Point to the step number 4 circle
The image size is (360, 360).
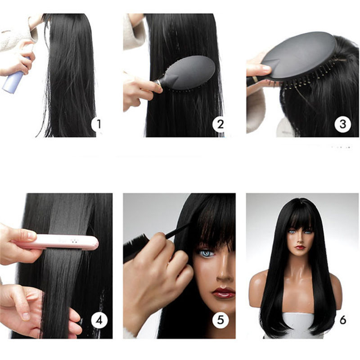point(99,320)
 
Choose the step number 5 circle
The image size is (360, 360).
point(220,320)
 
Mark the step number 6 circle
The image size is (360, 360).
point(343,320)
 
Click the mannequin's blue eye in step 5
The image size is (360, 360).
point(206,253)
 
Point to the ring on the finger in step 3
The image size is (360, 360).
point(256,80)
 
